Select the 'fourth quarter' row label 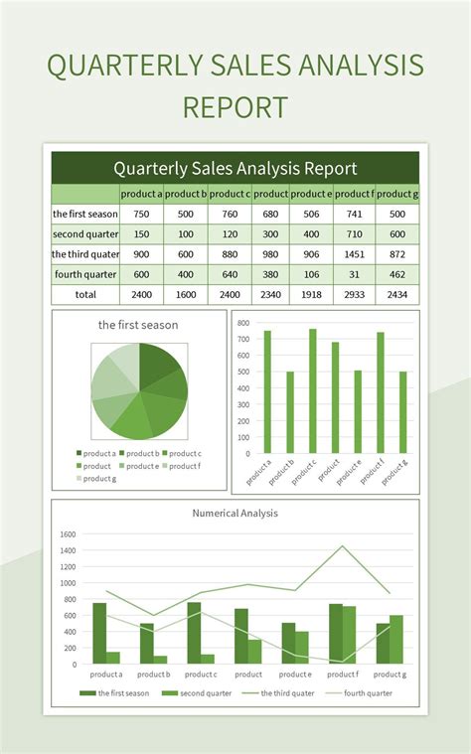pyautogui.click(x=85, y=274)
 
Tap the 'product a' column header pyautogui.click(x=141, y=194)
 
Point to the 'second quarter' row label pyautogui.click(x=85, y=234)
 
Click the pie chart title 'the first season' pyautogui.click(x=138, y=325)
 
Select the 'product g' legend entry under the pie pyautogui.click(x=98, y=479)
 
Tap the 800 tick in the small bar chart pyautogui.click(x=244, y=323)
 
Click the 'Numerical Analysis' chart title pyautogui.click(x=235, y=514)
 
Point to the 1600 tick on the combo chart pyautogui.click(x=68, y=534)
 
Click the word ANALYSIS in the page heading pyautogui.click(x=350, y=67)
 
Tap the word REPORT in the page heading pyautogui.click(x=235, y=107)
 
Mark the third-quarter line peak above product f pyautogui.click(x=343, y=545)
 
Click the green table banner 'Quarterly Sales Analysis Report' pyautogui.click(x=235, y=168)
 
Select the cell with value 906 pyautogui.click(x=312, y=254)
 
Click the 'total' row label pyautogui.click(x=85, y=295)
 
